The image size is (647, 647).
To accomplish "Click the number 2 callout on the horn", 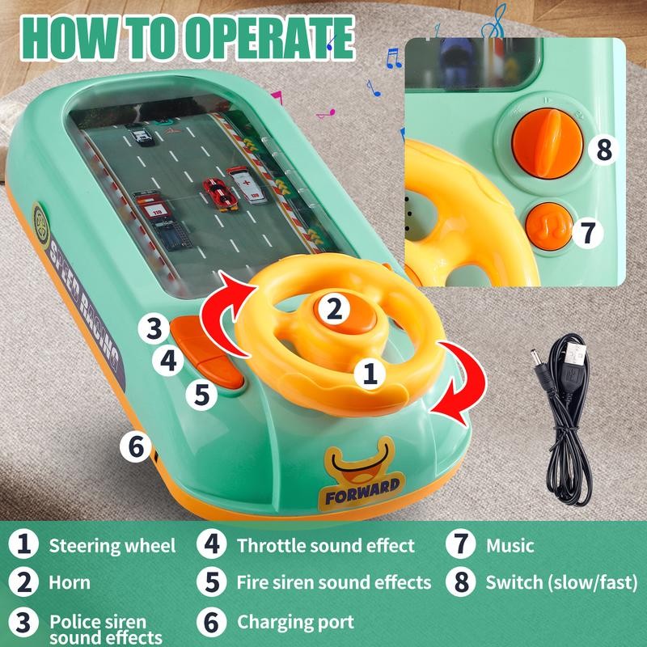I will click(x=332, y=309).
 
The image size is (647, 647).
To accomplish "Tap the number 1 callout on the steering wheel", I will click(x=370, y=373).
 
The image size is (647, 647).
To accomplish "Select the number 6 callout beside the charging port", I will click(x=136, y=445).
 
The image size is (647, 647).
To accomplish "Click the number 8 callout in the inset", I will click(x=603, y=150).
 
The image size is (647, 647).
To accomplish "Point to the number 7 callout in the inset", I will click(x=588, y=232).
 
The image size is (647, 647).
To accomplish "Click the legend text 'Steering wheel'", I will click(x=112, y=546).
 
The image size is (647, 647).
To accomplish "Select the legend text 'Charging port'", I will click(x=295, y=622).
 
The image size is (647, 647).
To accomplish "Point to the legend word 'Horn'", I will click(x=70, y=582).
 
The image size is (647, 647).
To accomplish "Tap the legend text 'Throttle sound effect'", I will click(x=325, y=546).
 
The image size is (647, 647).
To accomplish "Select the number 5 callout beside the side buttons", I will click(x=201, y=395).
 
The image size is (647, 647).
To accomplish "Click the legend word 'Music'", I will click(x=510, y=546).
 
